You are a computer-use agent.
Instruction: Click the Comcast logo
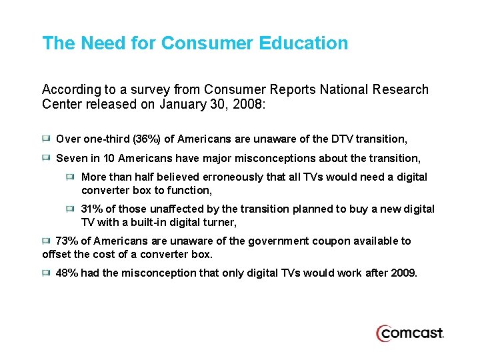[x=409, y=333]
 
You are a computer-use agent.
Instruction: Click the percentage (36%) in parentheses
[x=147, y=139]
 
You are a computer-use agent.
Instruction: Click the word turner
[x=218, y=222]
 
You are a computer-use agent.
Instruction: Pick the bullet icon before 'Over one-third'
[x=46, y=139]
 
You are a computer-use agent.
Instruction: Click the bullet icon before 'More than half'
[x=71, y=177]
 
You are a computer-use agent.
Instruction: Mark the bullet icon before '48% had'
[x=46, y=273]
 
